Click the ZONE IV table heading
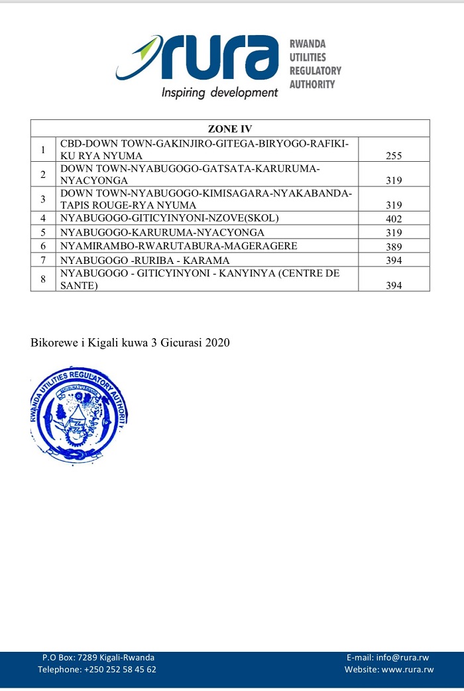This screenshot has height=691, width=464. (230, 129)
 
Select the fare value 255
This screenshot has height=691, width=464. (394, 157)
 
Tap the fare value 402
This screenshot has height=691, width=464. (394, 219)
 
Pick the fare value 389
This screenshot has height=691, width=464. (394, 246)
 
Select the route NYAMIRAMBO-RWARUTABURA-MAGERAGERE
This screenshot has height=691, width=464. (179, 246)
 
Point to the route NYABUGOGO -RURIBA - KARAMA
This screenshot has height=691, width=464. (145, 260)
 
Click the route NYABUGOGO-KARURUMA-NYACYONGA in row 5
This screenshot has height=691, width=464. (162, 233)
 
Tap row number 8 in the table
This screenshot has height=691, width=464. (43, 279)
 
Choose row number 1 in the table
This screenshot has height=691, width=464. (43, 150)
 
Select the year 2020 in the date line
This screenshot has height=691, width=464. (217, 343)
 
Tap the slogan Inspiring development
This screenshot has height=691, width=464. (220, 93)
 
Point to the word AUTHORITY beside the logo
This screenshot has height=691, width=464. (312, 84)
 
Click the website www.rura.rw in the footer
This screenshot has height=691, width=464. (408, 670)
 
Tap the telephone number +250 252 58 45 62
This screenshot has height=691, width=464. (120, 670)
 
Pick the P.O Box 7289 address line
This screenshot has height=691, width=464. (98, 657)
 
